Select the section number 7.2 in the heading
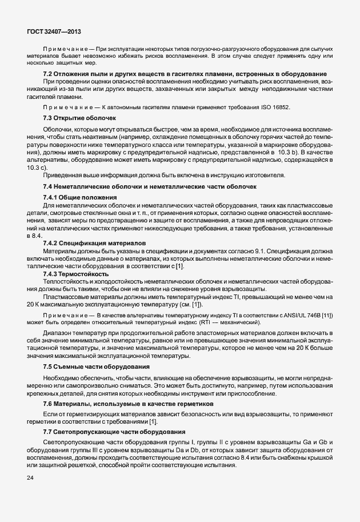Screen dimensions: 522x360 (x=48, y=75)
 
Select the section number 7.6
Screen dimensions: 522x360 (x=48, y=404)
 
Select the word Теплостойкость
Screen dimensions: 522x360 (x=65, y=282)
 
